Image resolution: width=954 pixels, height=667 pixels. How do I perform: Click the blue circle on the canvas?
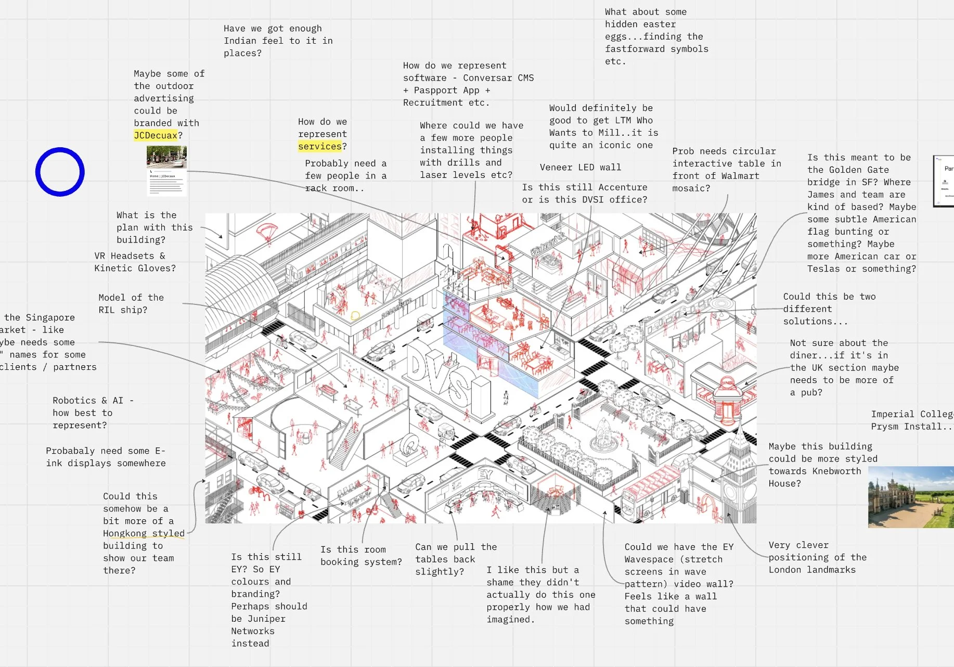tap(60, 172)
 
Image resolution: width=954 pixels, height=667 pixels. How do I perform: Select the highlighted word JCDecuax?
tap(156, 135)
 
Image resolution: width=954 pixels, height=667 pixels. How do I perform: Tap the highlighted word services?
tap(320, 147)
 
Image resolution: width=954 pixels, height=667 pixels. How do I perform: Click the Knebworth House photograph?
tap(910, 497)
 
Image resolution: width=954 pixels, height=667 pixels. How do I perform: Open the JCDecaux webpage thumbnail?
tap(166, 170)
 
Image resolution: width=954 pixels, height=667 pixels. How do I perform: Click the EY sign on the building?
tap(485, 474)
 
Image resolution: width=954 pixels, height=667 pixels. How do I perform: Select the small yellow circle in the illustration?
tap(355, 315)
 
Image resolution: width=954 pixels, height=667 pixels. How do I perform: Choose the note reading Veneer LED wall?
tap(580, 168)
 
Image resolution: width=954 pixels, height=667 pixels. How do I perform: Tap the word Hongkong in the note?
tap(125, 533)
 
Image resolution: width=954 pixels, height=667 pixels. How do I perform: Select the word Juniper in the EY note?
tap(266, 619)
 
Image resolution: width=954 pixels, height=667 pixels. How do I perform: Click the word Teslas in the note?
tap(823, 269)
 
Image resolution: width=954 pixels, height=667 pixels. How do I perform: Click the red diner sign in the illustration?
tap(726, 383)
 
